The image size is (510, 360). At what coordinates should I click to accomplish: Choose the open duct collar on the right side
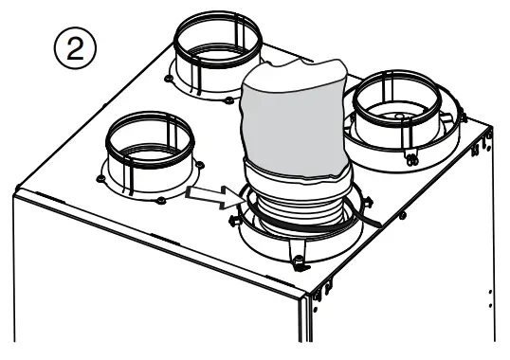[x=404, y=113]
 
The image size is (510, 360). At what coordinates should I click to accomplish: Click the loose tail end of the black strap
[x=375, y=220]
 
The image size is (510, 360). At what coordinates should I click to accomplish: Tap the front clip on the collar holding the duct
[x=297, y=264]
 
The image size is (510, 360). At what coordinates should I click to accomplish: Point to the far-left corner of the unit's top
[x=15, y=195]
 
